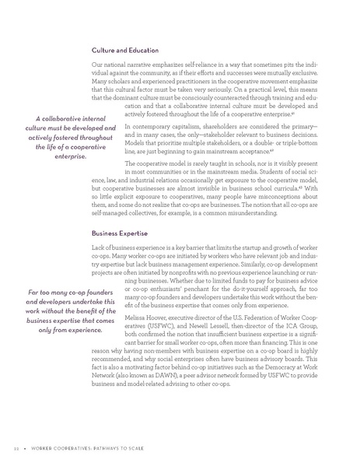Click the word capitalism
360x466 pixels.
tap(175, 126)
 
